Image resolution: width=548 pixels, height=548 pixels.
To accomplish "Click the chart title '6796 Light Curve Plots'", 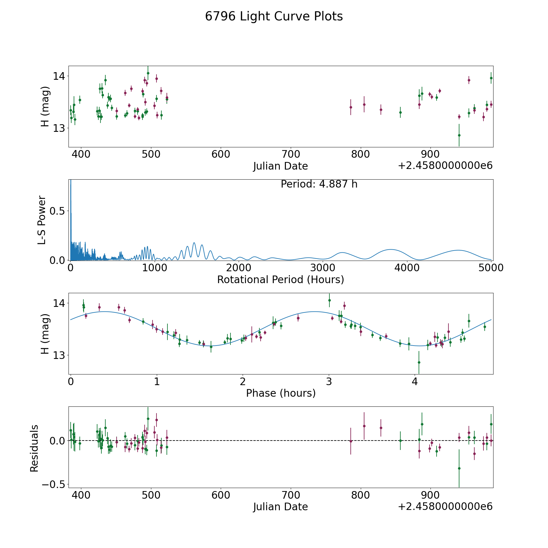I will tap(274, 16).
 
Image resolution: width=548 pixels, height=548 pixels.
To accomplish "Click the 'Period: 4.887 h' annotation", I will tap(319, 184).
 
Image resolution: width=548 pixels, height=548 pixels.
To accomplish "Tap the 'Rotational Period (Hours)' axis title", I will tap(280, 279).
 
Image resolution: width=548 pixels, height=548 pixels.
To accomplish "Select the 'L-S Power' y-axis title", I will tap(42, 220).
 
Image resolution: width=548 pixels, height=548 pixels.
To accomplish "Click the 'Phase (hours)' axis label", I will tap(280, 393).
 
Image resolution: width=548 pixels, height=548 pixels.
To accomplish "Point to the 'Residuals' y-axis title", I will tap(34, 448).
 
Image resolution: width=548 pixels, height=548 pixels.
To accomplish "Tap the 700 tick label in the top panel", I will tap(290, 154).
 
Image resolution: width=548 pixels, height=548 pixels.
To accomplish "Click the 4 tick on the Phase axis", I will tap(415, 381).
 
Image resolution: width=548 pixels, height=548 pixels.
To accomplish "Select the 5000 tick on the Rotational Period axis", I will tap(491, 268).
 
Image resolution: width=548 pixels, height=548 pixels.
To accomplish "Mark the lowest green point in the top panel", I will tap(459, 135).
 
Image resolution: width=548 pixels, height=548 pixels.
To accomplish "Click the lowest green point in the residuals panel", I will tap(459, 468).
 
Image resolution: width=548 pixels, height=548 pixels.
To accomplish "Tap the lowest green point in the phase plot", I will tap(419, 362).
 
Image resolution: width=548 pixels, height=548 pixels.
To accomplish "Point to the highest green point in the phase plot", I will tap(329, 300).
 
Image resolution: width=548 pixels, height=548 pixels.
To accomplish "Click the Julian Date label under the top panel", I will tap(280, 166).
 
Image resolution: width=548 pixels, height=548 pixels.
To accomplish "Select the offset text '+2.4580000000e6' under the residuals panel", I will tap(445, 506).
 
